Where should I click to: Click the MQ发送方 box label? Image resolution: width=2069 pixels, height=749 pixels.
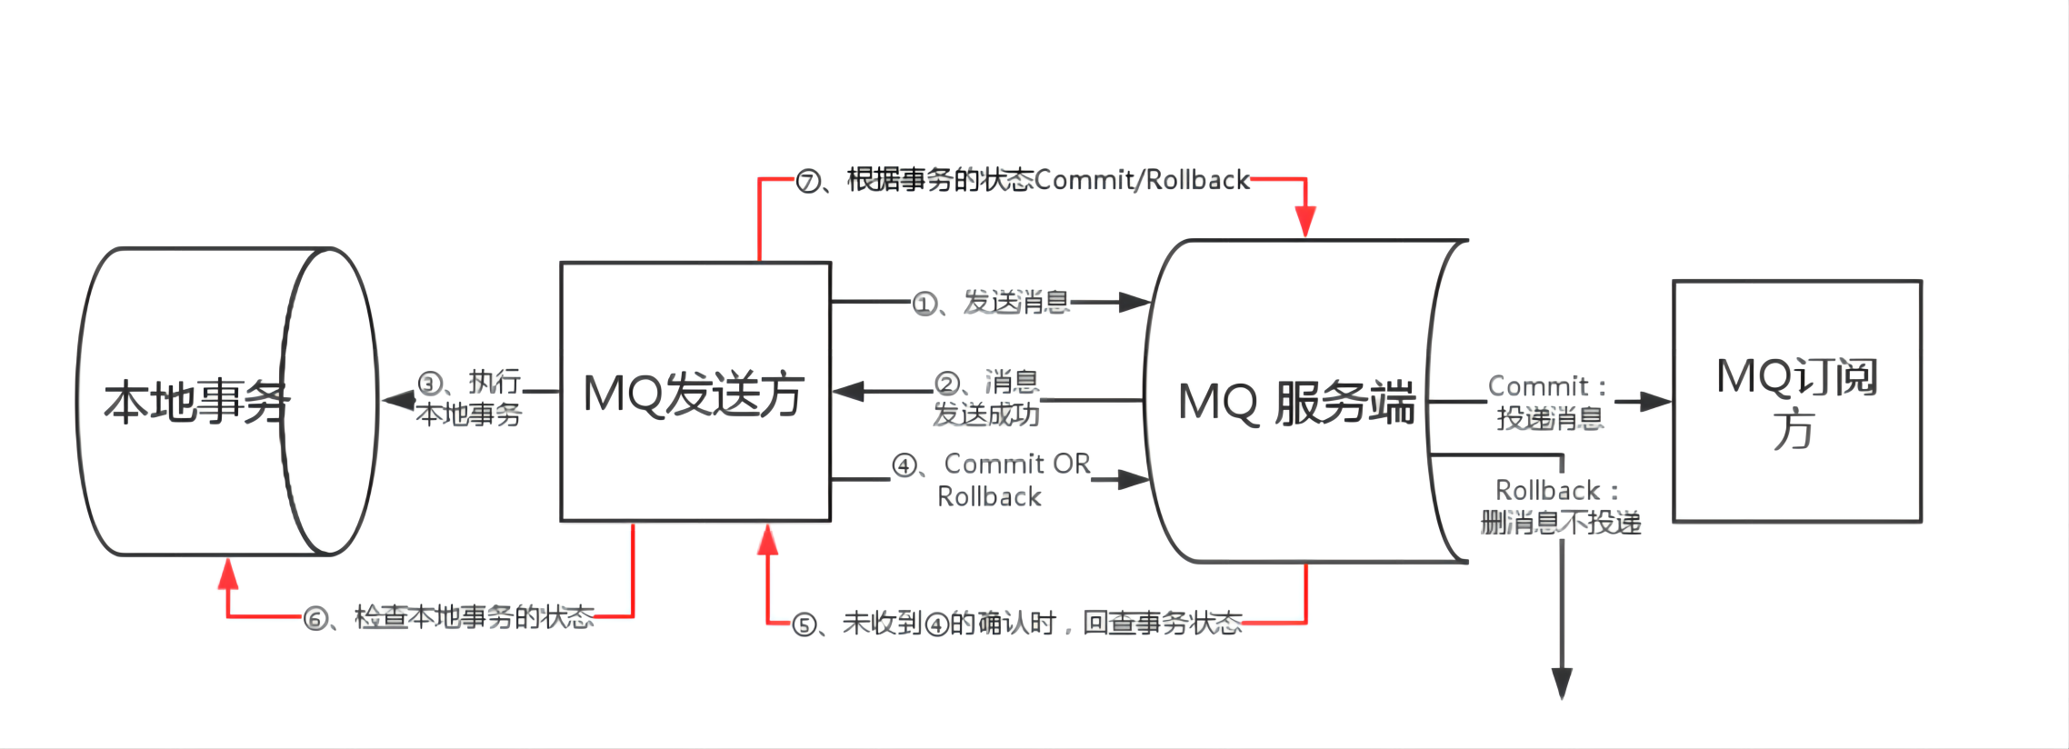pos(694,394)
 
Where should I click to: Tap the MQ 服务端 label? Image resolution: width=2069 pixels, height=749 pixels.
pos(1295,403)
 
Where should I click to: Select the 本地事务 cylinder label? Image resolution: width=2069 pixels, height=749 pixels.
pos(196,402)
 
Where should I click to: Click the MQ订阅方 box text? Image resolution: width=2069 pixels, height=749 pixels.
pos(1796,401)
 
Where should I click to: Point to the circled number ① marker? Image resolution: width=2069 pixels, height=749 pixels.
pos(925,304)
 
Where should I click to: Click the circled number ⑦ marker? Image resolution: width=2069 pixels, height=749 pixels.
pos(807,182)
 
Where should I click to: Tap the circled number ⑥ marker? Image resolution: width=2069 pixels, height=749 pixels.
pos(315,620)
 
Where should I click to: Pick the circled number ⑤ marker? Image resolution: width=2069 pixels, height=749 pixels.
pos(805,625)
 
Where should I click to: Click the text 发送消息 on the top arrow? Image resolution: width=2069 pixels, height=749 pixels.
pos(1016,302)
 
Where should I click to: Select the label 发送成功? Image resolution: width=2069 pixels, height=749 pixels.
pos(986,414)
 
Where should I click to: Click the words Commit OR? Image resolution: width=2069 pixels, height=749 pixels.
pos(1017,464)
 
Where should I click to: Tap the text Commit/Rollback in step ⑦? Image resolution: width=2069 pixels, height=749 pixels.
pos(1142,180)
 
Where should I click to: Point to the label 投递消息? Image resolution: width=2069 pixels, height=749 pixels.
pos(1550,418)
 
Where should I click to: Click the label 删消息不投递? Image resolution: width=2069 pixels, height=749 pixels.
pos(1561,523)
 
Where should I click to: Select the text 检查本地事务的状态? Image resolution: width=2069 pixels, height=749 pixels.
pos(474,618)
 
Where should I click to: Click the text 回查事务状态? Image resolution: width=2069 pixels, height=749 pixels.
pos(1162,624)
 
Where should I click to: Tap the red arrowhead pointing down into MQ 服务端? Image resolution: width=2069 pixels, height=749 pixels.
pos(1305,221)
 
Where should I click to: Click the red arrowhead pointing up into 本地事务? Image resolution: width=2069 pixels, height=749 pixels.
pos(228,574)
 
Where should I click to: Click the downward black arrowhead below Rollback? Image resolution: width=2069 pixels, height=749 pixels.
pos(1562,683)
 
